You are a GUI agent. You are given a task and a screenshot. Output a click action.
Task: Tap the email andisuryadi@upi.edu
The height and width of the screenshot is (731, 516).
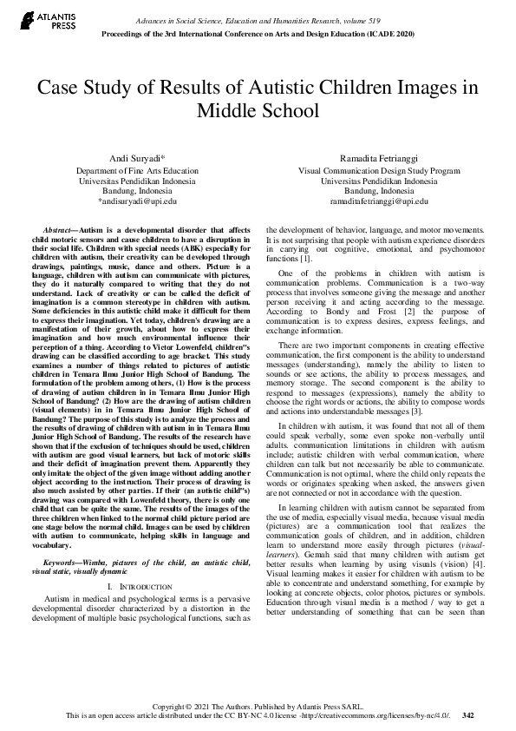click(138, 201)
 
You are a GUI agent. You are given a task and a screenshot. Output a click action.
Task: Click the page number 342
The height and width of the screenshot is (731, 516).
click(468, 715)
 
